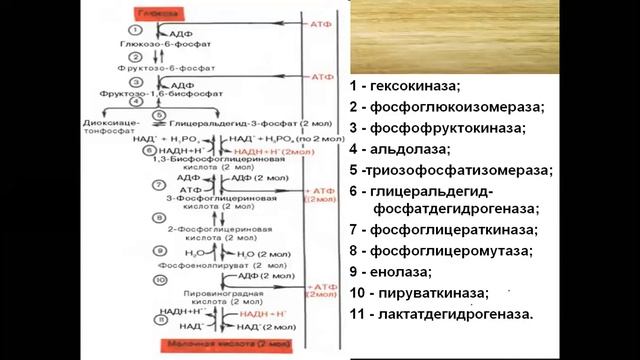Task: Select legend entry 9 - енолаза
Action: pos(391,271)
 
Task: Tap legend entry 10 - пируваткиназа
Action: pos(420,293)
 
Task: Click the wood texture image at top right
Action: pos(491,36)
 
